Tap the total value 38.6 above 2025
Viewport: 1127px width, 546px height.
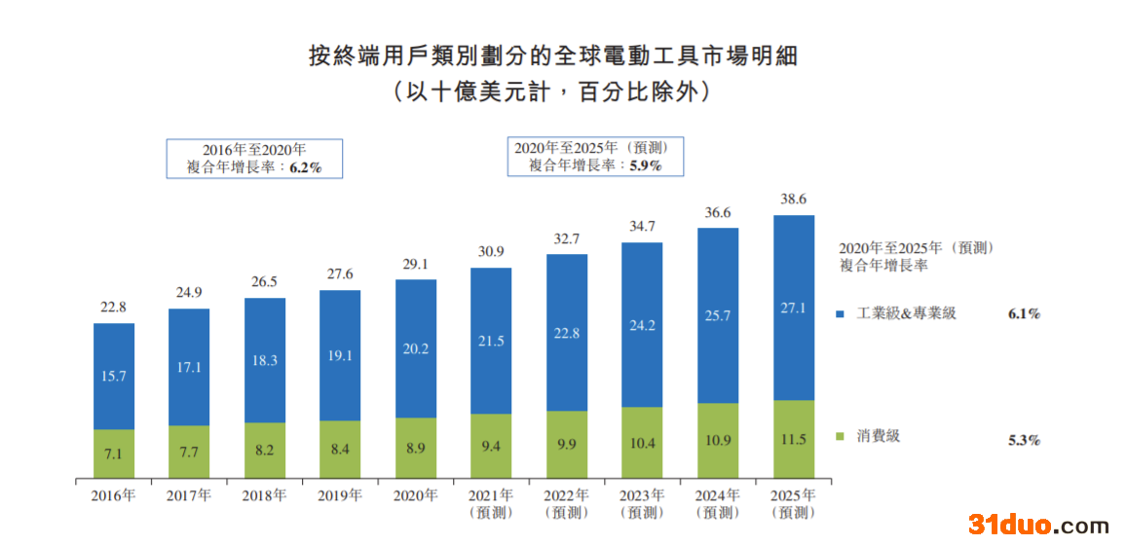pyautogui.click(x=794, y=199)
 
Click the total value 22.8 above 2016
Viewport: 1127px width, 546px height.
pyautogui.click(x=114, y=308)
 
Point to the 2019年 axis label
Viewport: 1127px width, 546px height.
pyautogui.click(x=340, y=495)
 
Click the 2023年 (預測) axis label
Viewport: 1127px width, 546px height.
pyautogui.click(x=643, y=503)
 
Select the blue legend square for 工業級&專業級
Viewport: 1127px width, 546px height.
pyautogui.click(x=841, y=314)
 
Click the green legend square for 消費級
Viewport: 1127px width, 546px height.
pyautogui.click(x=841, y=436)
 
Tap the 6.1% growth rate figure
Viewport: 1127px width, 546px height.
pyautogui.click(x=1024, y=314)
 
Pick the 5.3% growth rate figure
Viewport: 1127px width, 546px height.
pyautogui.click(x=1024, y=439)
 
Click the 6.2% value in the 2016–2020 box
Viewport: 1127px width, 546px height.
pyautogui.click(x=306, y=167)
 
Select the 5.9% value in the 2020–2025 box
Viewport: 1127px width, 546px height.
pyautogui.click(x=645, y=165)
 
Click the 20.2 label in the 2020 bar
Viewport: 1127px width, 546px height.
pyautogui.click(x=416, y=348)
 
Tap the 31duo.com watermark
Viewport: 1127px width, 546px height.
pyautogui.click(x=1038, y=526)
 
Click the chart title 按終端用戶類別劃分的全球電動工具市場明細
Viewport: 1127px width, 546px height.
pyautogui.click(x=552, y=55)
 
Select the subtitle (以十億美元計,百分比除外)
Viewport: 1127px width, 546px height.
pyautogui.click(x=552, y=92)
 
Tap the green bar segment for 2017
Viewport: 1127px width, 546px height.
pyautogui.click(x=189, y=453)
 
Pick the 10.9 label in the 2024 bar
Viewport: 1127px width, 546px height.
pyautogui.click(x=718, y=440)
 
